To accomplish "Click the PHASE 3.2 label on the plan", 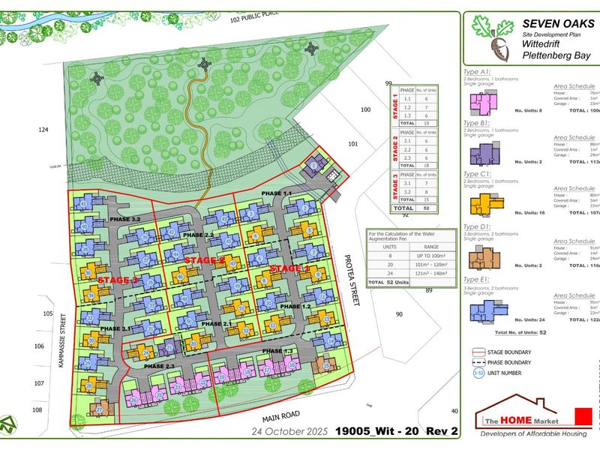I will (124, 219).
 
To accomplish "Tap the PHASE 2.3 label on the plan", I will (159, 365).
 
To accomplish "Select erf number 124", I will (43, 130).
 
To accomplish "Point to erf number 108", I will (37, 409).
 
